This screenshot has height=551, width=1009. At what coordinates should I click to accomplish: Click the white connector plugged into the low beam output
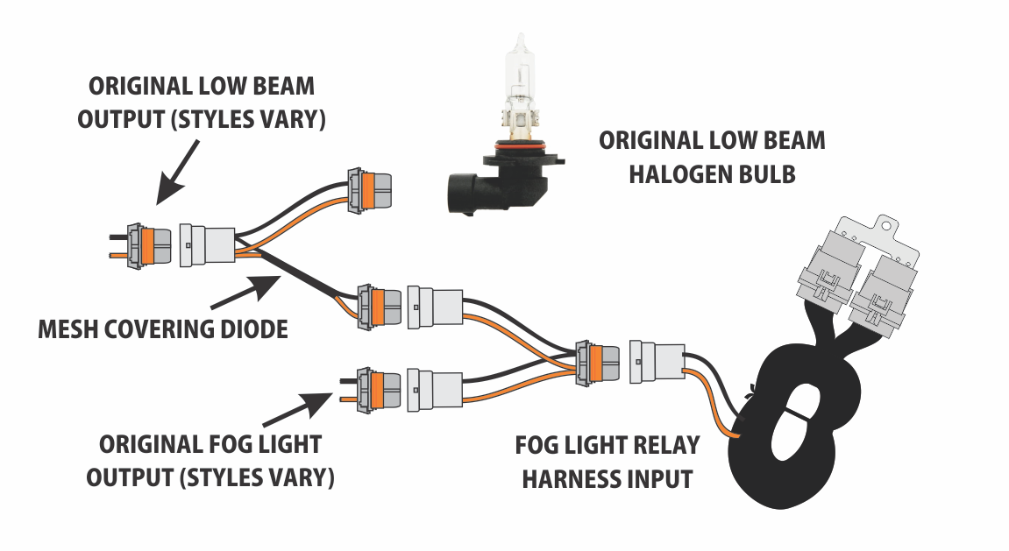(x=207, y=245)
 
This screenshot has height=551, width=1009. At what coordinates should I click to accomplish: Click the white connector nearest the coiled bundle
(x=655, y=361)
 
